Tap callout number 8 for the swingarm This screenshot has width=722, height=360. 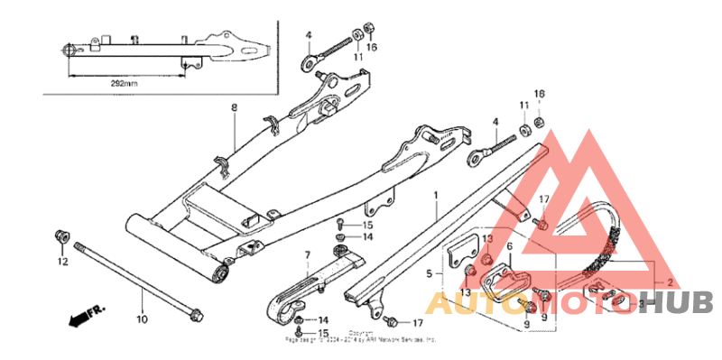click(x=233, y=108)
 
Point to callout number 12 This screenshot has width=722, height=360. click(x=63, y=263)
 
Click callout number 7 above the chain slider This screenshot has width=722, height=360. click(x=306, y=255)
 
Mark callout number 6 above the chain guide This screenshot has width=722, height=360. click(x=509, y=246)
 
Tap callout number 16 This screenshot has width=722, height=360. click(x=372, y=47)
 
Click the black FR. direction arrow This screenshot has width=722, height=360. click(x=83, y=316)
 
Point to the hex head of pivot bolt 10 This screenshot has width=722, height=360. click(x=195, y=316)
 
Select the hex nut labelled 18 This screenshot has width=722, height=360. click(x=540, y=121)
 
